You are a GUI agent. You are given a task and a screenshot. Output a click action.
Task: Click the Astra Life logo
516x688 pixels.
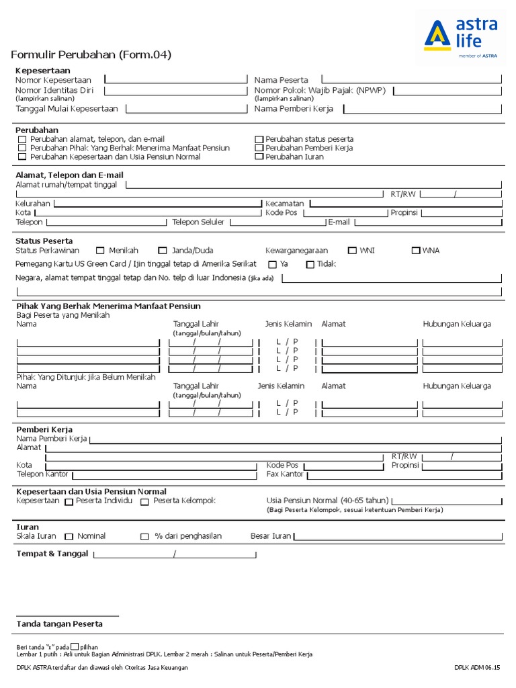[x=461, y=38]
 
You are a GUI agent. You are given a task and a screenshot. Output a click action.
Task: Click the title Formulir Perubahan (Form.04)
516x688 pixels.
[x=91, y=54]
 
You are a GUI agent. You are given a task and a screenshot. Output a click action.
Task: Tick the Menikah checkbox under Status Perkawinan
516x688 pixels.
[x=101, y=251]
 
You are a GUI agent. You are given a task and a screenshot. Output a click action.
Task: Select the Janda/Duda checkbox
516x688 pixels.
[x=163, y=251]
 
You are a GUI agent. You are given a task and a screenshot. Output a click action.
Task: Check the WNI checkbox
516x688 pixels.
[x=352, y=251]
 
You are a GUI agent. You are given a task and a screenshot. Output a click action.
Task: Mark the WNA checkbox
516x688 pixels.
[x=416, y=251]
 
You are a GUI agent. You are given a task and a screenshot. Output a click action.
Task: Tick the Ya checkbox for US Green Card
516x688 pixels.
[x=273, y=265]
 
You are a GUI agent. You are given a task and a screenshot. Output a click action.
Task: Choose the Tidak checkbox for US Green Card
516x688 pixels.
[x=310, y=265]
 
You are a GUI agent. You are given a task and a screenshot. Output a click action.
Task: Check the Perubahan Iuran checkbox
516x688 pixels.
[x=259, y=157]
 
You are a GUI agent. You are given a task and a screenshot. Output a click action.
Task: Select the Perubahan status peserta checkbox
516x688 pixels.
[x=259, y=139]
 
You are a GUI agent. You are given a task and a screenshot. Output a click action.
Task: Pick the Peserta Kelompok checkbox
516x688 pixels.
[x=144, y=502]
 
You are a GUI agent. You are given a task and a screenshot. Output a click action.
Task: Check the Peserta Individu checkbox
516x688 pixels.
[x=69, y=502]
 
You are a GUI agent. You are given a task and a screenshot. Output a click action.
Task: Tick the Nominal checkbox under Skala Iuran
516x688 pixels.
[x=69, y=537]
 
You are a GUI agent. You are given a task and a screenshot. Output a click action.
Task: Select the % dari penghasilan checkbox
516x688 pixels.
[x=144, y=537]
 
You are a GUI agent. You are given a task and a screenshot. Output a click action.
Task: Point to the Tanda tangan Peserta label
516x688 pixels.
[x=59, y=624]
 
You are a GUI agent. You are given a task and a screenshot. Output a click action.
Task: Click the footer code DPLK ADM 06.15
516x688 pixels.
[x=476, y=667]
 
